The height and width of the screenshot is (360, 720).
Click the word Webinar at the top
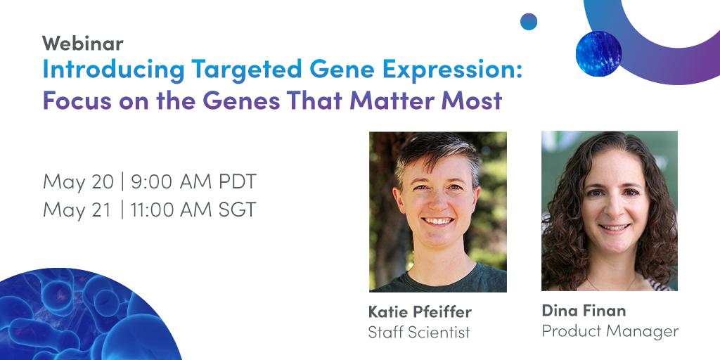pos(82,44)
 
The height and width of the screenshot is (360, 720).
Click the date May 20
pos(77,181)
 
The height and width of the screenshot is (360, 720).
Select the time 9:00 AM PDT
pos(193,181)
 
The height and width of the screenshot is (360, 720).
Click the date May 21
pos(77,210)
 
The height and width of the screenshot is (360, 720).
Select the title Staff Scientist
pos(418,332)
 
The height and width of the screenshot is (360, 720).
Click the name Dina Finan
pos(584,310)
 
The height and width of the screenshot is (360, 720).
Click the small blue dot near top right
pos(529,22)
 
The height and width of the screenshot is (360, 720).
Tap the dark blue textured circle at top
pos(598,54)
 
